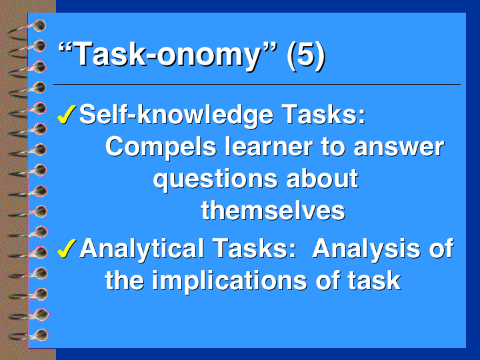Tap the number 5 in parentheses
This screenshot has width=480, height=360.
coord(305,55)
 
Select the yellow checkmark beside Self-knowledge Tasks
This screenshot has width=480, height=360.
coord(67,114)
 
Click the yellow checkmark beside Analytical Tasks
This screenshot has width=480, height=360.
coord(67,248)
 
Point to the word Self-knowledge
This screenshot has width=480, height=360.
coord(176,115)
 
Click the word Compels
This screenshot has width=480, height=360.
coord(161,146)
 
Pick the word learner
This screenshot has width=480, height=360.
coord(269,146)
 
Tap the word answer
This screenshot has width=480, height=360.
coord(399,147)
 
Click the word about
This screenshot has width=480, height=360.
coord(322,178)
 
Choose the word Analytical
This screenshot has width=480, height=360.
coord(142,249)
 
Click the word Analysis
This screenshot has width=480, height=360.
coord(365,249)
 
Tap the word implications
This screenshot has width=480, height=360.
coord(229,281)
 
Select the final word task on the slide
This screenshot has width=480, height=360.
coord(374,281)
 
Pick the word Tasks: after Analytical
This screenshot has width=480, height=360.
coord(254,248)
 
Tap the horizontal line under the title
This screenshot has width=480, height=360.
coord(257,84)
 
